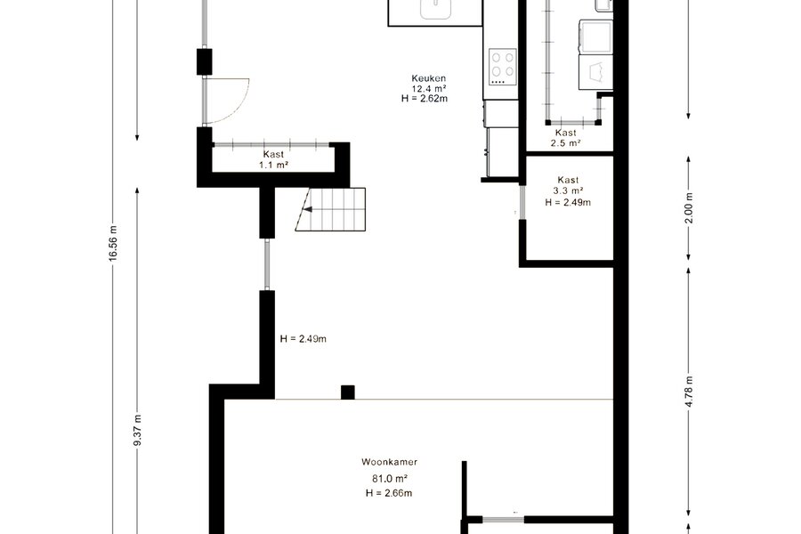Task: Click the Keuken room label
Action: [x=429, y=78]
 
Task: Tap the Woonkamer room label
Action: [x=389, y=462]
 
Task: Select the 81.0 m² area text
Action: [x=389, y=479]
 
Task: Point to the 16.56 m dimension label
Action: [x=113, y=243]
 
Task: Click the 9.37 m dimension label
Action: [x=137, y=430]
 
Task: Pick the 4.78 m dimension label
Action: [x=689, y=392]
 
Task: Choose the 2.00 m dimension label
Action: [x=689, y=207]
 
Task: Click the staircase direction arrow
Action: [x=308, y=209]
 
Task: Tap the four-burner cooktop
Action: [x=503, y=67]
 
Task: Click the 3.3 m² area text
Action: [x=568, y=191]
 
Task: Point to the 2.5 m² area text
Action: [x=565, y=143]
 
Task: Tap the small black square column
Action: [x=348, y=392]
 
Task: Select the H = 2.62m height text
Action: [x=425, y=99]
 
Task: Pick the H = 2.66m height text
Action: [x=389, y=493]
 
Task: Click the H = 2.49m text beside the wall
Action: [x=303, y=339]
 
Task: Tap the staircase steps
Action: [x=330, y=209]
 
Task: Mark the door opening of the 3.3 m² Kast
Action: [x=522, y=202]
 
